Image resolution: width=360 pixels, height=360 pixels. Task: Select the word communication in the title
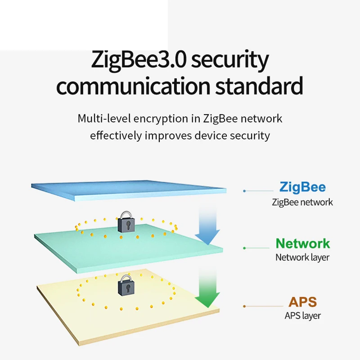click(133, 86)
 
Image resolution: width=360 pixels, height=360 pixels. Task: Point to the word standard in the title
click(259, 85)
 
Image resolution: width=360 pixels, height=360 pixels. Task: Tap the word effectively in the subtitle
click(116, 135)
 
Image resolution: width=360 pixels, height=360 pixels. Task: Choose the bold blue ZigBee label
click(302, 187)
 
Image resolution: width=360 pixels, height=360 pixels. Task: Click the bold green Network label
click(303, 243)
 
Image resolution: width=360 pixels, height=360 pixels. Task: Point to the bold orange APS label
click(303, 302)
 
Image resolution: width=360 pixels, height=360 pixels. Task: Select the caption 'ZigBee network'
click(302, 202)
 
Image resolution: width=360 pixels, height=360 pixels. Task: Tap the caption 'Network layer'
click(302, 258)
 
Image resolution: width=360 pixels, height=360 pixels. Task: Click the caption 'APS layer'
click(303, 316)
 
